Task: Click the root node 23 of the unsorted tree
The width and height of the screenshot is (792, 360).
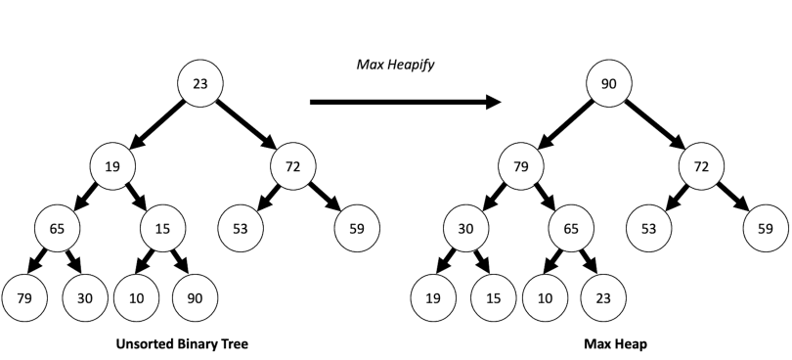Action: pyautogui.click(x=199, y=83)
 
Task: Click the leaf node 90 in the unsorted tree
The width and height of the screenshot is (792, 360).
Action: pyautogui.click(x=195, y=297)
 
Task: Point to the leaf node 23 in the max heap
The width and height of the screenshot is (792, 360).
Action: pyautogui.click(x=602, y=297)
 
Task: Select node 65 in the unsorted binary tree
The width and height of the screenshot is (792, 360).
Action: pyautogui.click(x=58, y=228)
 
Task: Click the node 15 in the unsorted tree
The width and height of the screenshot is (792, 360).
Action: pyautogui.click(x=163, y=228)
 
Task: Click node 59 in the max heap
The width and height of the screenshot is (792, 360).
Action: pyautogui.click(x=765, y=228)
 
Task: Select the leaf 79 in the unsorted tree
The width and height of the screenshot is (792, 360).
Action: pyautogui.click(x=25, y=297)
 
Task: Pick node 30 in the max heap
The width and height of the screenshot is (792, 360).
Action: pyautogui.click(x=465, y=228)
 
